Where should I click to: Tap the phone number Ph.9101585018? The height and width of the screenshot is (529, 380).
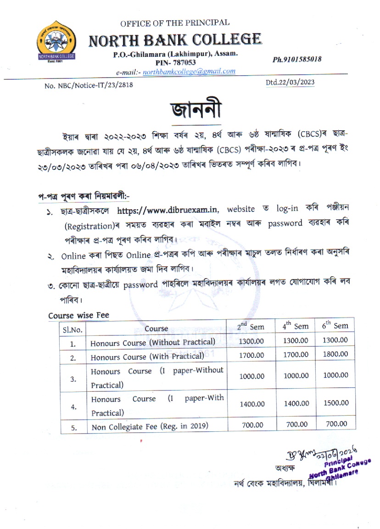[296, 59]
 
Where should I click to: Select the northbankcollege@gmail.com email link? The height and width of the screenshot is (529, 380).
[189, 71]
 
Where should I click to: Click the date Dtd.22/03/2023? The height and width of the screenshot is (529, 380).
[290, 83]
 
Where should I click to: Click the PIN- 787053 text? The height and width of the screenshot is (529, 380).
[176, 62]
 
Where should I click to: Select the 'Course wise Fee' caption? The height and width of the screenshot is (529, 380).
[78, 316]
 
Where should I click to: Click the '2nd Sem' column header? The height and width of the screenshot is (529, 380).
[251, 327]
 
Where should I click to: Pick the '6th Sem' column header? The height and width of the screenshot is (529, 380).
[335, 326]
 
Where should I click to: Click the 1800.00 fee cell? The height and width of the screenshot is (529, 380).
[335, 354]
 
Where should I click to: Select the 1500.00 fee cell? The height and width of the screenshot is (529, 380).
[335, 403]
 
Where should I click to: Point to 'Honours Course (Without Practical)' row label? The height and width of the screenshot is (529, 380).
[153, 342]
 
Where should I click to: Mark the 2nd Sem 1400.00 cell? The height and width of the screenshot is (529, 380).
[252, 404]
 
